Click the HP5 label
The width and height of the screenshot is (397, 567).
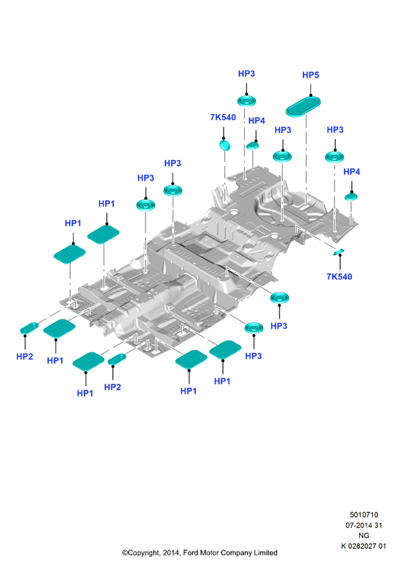coord(310,75)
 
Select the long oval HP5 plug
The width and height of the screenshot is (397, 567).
coord(303,106)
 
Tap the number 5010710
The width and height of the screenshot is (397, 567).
coord(363,515)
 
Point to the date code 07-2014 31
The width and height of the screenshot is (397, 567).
coord(363,525)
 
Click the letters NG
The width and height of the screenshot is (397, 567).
coord(363,536)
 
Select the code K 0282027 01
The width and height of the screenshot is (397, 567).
coord(363,546)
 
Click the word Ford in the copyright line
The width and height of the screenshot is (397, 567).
coord(190,553)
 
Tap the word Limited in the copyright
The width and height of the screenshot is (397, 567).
coord(265,553)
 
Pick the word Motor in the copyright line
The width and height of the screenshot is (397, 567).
coord(209,553)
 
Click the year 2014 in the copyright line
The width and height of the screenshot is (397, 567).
coord(170,553)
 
